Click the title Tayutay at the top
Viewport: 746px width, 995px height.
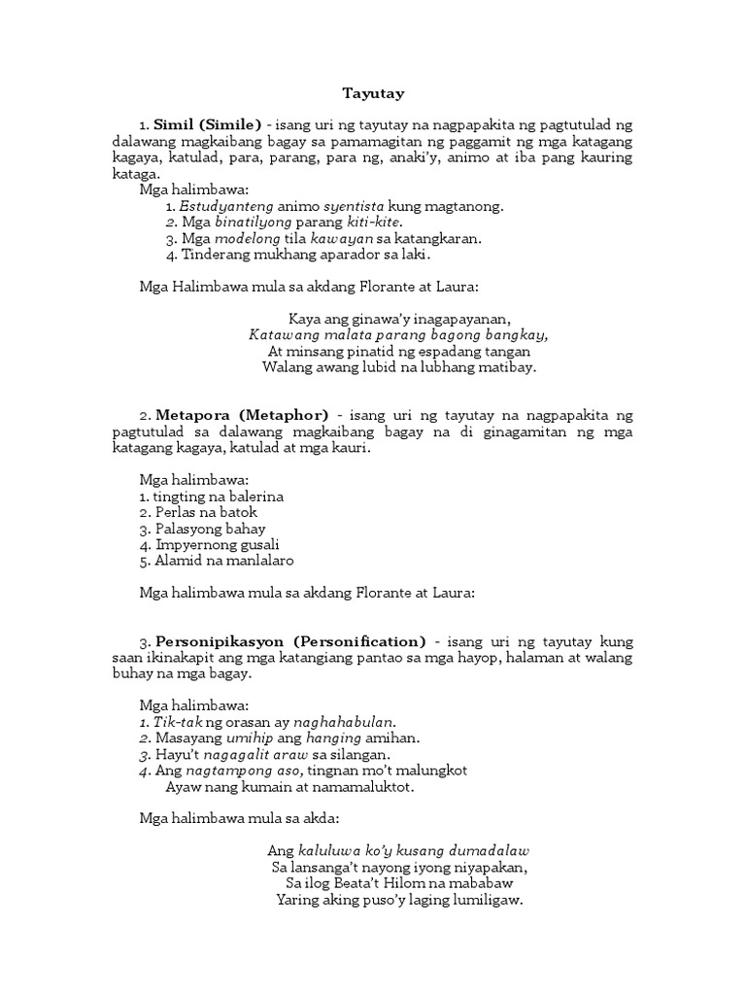(x=372, y=94)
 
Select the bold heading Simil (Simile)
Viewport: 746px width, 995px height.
(x=208, y=125)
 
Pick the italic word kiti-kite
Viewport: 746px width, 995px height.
(x=374, y=222)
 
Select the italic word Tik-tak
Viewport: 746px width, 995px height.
(x=175, y=721)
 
